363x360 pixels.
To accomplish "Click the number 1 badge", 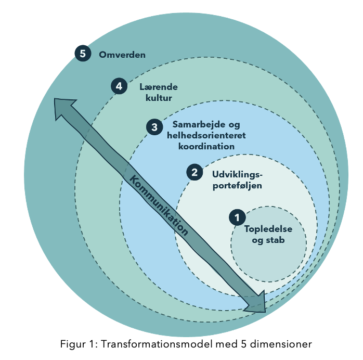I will tap(237, 217).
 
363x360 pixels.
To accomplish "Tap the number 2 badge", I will tap(195, 172).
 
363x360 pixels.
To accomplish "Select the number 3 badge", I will tap(154, 126).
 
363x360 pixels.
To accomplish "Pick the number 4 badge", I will tap(119, 86).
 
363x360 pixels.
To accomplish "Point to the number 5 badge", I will tap(83, 54).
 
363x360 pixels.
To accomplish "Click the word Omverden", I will tap(122, 54).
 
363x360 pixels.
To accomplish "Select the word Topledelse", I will tap(268, 229).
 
